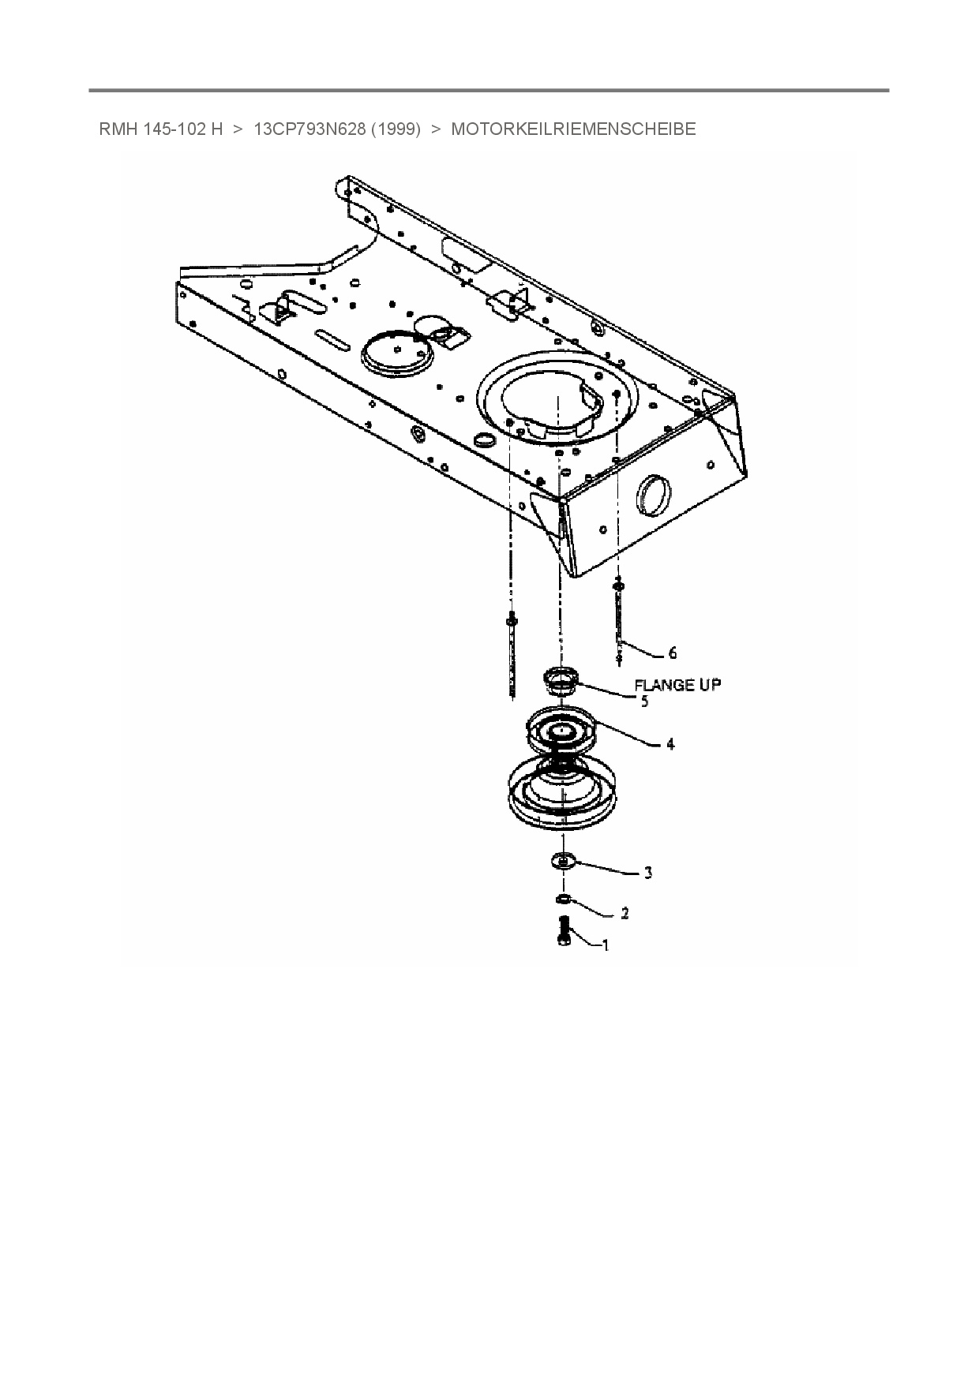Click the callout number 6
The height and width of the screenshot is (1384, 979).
click(x=672, y=653)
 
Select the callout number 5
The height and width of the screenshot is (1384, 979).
click(x=644, y=701)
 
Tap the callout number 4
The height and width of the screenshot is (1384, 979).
click(x=670, y=744)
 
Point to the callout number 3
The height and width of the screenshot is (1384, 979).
click(x=648, y=873)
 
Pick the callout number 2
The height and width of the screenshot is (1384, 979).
click(x=625, y=914)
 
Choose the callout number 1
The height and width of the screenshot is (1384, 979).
click(x=606, y=944)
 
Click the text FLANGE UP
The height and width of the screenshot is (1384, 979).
click(x=677, y=685)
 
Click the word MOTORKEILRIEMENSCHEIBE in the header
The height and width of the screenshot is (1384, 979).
click(x=573, y=129)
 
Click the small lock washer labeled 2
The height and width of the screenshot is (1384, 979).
click(x=563, y=899)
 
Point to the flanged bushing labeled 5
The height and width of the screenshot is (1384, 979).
click(x=561, y=680)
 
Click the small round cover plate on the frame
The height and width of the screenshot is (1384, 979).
click(x=398, y=353)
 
